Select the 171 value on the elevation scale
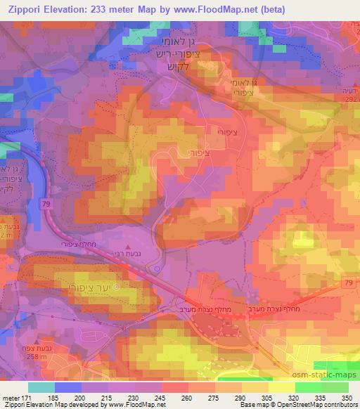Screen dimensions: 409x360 coord(27,398)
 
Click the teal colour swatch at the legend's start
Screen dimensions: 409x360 coord(41,387)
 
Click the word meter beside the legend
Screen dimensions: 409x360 coord(11,398)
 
